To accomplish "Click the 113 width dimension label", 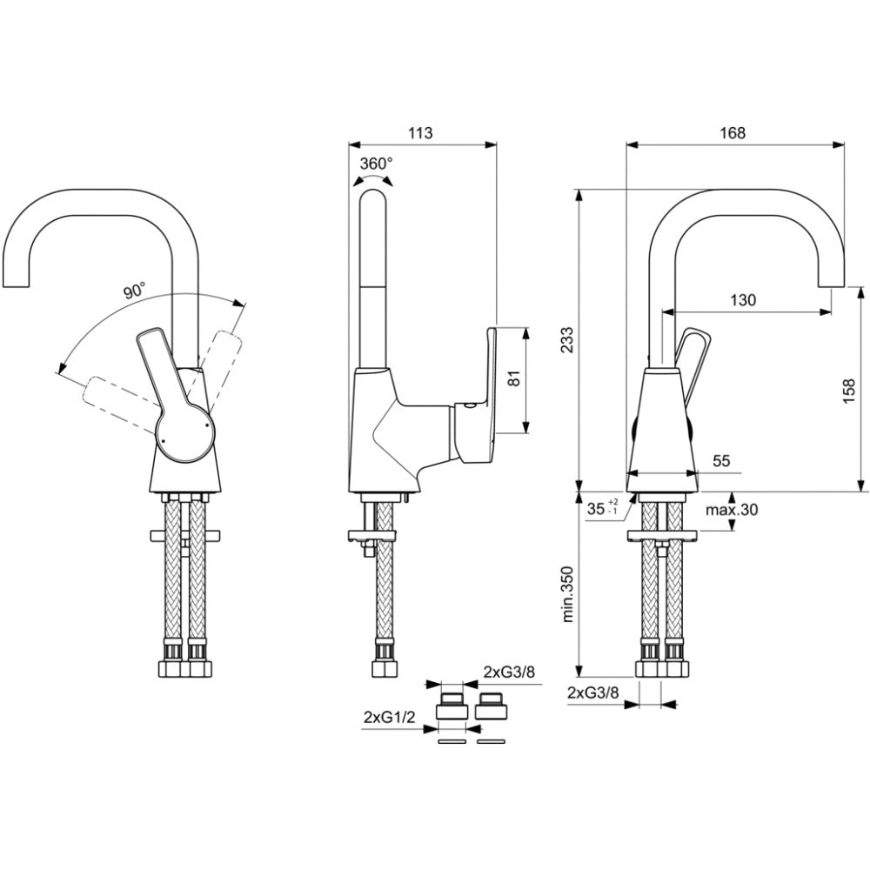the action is pyautogui.click(x=420, y=133).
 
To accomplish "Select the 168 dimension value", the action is pyautogui.click(x=733, y=133).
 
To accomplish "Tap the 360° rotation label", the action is pyautogui.click(x=376, y=164).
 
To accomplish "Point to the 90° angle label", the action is pyautogui.click(x=134, y=291).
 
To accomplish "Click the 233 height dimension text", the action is pyautogui.click(x=567, y=340).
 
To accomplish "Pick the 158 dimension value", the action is pyautogui.click(x=849, y=391).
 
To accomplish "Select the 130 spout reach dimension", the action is pyautogui.click(x=743, y=300).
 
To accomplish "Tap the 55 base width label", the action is pyautogui.click(x=721, y=460).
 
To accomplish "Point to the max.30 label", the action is pyautogui.click(x=732, y=509).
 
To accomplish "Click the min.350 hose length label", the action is pyautogui.click(x=567, y=602).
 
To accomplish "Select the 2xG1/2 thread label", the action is pyautogui.click(x=390, y=717).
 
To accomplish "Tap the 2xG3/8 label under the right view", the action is pyautogui.click(x=593, y=693).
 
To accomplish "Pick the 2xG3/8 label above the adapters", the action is pyautogui.click(x=509, y=672).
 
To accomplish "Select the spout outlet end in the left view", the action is pyautogui.click(x=15, y=285).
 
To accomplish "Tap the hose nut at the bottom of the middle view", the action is pyautogui.click(x=385, y=668).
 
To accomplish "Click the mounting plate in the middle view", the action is pyautogui.click(x=372, y=535).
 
